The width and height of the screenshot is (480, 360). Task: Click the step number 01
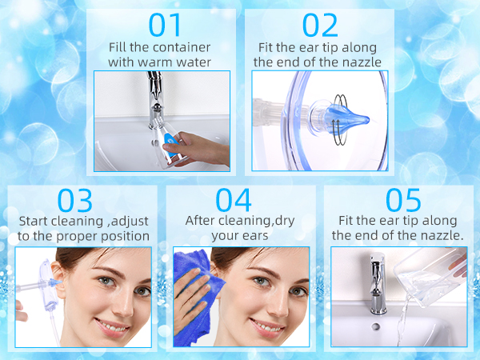pyautogui.click(x=166, y=26)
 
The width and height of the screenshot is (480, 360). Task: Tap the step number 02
pyautogui.click(x=321, y=26)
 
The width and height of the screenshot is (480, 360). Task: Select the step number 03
pyautogui.click(x=75, y=200)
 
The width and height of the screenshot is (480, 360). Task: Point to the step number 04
pyautogui.click(x=234, y=200)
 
